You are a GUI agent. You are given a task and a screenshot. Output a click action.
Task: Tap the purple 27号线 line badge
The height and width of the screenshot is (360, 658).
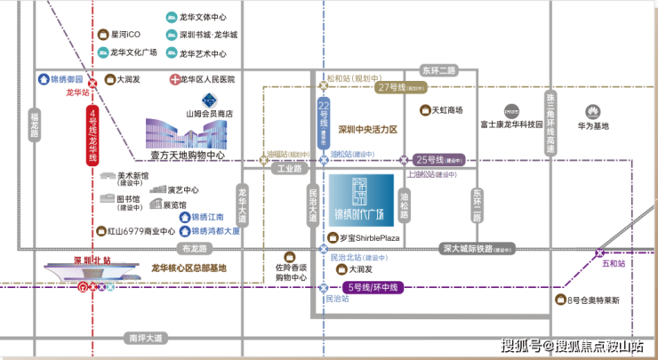click(389, 87)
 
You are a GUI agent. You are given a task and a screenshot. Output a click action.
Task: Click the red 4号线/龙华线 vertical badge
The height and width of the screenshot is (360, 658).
click(92, 135)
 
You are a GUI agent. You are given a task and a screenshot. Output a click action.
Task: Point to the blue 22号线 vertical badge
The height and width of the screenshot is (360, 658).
click(324, 124)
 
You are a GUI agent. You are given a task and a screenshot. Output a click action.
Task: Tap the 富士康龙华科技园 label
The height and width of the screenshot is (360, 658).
click(510, 125)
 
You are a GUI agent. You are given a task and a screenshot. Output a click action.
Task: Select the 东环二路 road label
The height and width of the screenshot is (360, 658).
click(438, 69)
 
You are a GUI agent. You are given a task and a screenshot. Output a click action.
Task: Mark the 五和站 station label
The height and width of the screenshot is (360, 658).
click(614, 264)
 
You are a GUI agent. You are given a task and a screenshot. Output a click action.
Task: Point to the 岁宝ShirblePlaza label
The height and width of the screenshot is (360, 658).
click(365, 238)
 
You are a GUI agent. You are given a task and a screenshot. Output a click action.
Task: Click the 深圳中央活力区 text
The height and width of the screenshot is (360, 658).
click(367, 130)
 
